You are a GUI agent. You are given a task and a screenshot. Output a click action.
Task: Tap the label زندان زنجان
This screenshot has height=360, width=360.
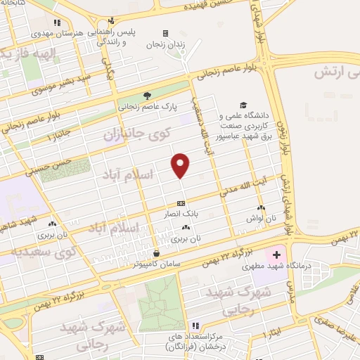[164, 44]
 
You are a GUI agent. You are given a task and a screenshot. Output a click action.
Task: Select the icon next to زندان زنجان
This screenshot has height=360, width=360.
[165, 33]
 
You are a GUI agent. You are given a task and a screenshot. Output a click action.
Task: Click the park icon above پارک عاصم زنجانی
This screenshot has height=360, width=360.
[147, 96]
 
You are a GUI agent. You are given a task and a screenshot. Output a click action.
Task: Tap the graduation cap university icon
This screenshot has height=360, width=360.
[243, 104]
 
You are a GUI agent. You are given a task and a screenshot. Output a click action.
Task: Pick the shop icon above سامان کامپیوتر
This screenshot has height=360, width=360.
[157, 253]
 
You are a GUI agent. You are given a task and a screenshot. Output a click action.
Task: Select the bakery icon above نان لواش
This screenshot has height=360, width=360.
[261, 208]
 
